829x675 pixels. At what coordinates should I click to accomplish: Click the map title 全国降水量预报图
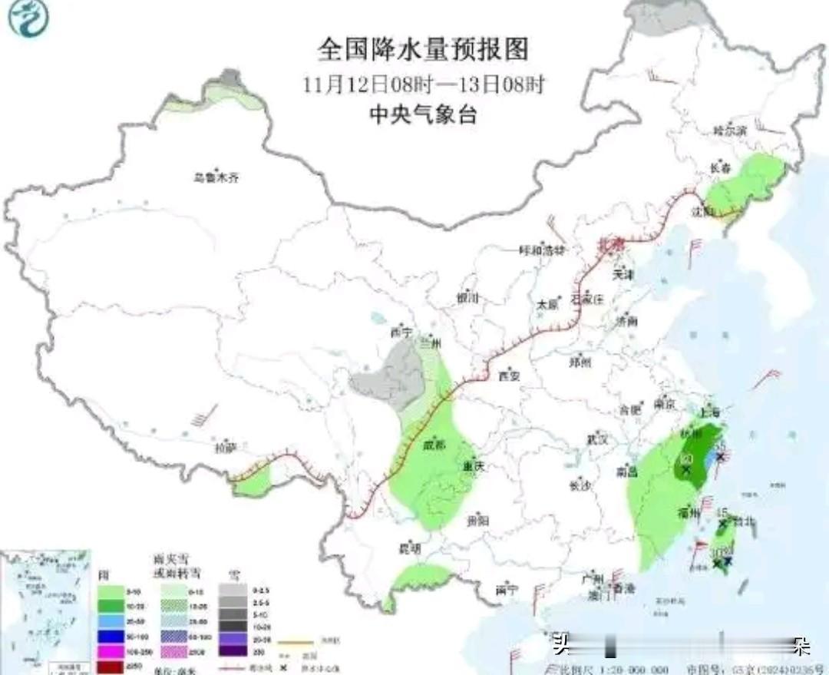tap(423, 50)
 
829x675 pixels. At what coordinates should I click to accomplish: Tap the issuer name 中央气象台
tap(423, 115)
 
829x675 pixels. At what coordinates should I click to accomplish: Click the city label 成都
tap(432, 445)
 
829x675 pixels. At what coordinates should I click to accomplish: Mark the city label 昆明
tap(410, 548)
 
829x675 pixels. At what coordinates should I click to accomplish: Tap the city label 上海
tap(708, 412)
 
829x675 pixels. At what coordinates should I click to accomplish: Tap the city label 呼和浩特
tap(542, 250)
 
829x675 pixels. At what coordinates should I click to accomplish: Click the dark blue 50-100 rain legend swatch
tap(112, 636)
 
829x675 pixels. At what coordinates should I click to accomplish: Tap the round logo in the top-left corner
tap(28, 18)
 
